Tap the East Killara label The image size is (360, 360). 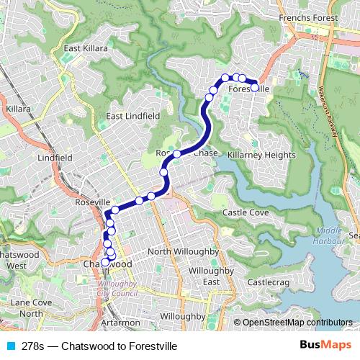(85, 48)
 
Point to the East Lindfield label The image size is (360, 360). (132, 116)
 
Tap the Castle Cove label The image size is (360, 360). (246, 213)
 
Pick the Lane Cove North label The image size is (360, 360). (30, 308)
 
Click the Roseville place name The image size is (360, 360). (91, 204)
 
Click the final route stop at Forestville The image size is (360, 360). (254, 87)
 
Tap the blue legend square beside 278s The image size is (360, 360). (9, 346)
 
